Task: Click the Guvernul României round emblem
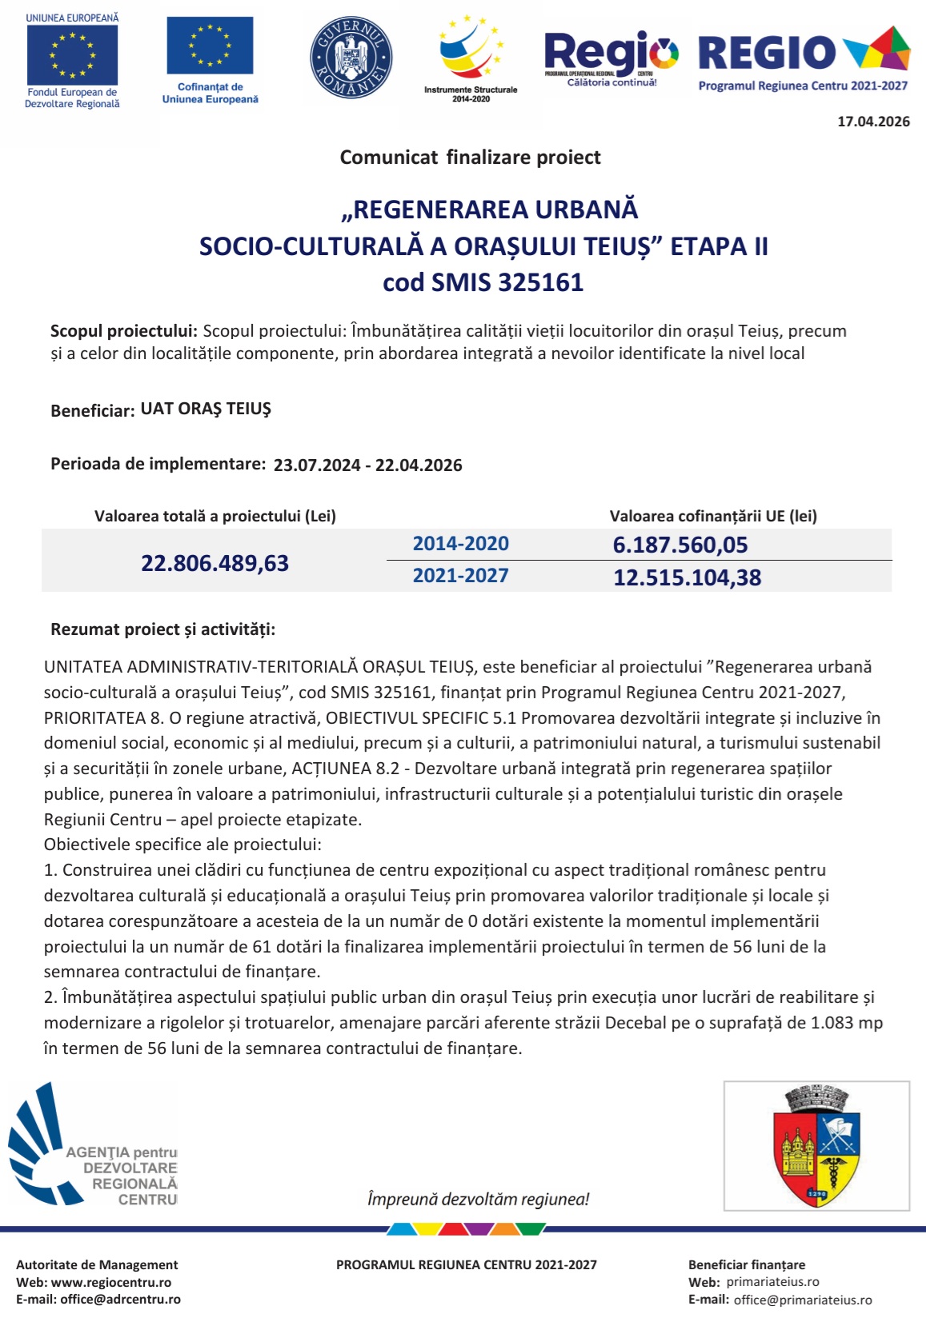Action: click(351, 58)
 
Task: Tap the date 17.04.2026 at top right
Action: click(873, 122)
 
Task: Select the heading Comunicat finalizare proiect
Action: click(470, 158)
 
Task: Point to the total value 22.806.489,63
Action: click(214, 563)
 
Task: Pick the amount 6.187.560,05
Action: click(679, 545)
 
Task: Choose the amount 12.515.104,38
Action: click(687, 577)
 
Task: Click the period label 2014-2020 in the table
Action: click(460, 544)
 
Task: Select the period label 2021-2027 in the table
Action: click(460, 576)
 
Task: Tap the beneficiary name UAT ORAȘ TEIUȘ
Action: click(206, 409)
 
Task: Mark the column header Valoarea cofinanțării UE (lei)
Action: click(713, 516)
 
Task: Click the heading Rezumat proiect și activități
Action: click(162, 629)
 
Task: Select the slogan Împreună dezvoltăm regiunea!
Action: click(478, 1199)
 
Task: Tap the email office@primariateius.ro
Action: click(803, 1300)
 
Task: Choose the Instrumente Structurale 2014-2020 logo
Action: click(471, 60)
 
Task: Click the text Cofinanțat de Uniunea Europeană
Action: click(210, 94)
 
